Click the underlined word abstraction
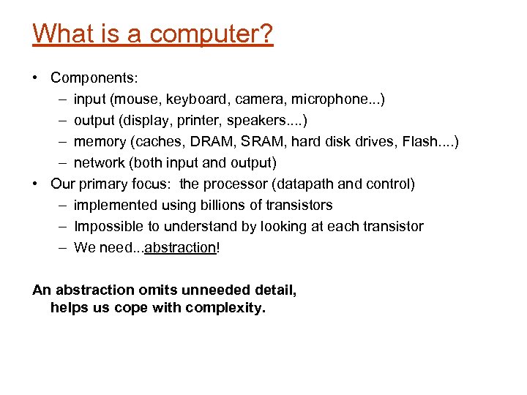pos(180,247)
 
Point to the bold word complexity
pos(225,307)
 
